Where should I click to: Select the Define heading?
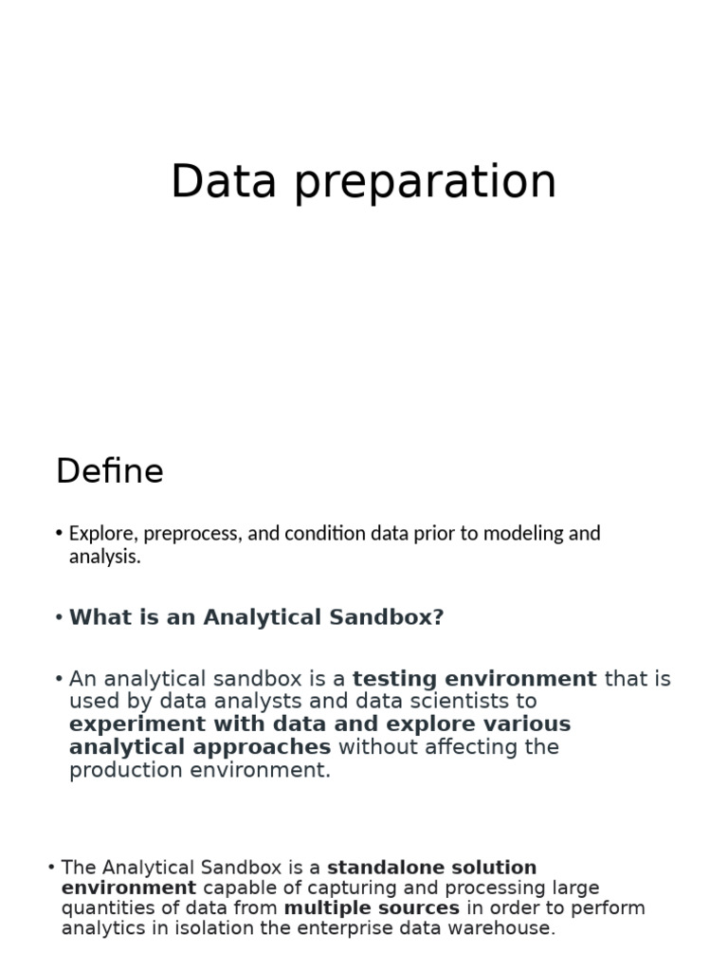(x=110, y=471)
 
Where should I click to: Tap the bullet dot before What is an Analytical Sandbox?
(x=59, y=617)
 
